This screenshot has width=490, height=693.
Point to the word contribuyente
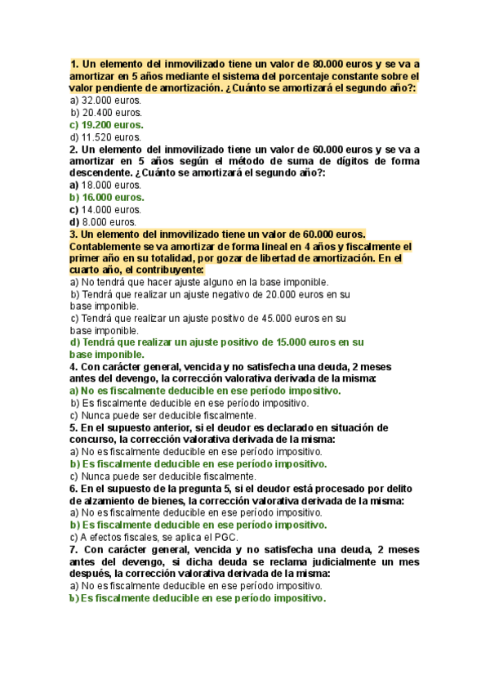[x=159, y=270]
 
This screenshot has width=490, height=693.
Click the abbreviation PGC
[x=226, y=537]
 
